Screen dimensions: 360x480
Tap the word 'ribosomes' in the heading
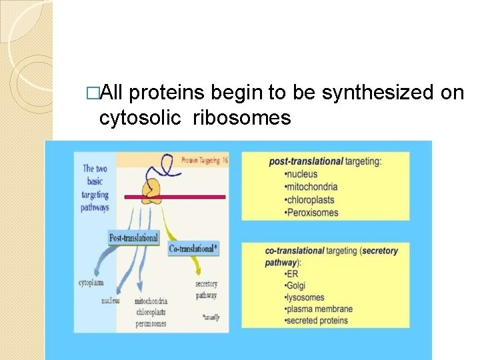click(x=243, y=119)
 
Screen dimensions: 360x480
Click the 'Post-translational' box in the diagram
click(x=134, y=238)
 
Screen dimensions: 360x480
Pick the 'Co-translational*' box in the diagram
click(x=194, y=248)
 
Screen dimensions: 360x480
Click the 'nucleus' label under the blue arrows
click(x=110, y=300)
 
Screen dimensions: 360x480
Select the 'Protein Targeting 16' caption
click(x=205, y=160)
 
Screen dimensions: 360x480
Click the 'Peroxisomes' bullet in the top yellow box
click(x=312, y=213)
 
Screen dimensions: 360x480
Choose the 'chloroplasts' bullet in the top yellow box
click(x=310, y=200)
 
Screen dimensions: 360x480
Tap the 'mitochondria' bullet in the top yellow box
click(x=311, y=187)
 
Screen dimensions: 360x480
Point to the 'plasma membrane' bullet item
click(x=319, y=309)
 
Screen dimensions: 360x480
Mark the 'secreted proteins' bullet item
click(x=317, y=321)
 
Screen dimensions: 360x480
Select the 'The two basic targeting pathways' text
click(x=96, y=188)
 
